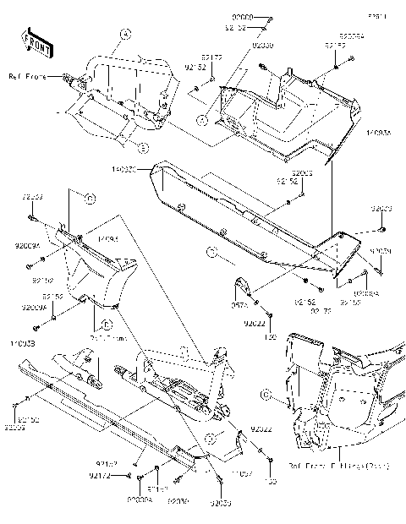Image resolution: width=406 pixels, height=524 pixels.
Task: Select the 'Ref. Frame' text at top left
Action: [x=27, y=78]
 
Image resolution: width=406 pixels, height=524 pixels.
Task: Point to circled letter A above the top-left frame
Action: [x=125, y=34]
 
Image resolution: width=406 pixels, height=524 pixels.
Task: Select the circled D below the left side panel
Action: [x=107, y=324]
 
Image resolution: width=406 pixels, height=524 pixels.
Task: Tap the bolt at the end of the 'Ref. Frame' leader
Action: [x=66, y=78]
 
